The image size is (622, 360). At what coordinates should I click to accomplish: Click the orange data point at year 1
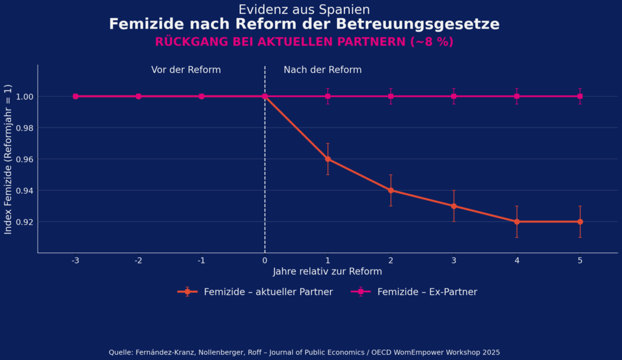click(328, 159)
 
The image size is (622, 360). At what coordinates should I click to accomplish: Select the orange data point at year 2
click(391, 190)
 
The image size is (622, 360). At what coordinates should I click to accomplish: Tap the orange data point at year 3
click(454, 206)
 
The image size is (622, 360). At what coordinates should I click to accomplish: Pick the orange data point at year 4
click(517, 222)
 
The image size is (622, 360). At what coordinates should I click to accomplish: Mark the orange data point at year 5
click(580, 222)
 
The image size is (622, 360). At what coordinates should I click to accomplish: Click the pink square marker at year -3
click(75, 96)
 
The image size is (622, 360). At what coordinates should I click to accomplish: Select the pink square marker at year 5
click(580, 96)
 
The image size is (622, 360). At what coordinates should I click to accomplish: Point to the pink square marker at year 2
click(391, 96)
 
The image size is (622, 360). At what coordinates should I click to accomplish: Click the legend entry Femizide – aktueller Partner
click(255, 292)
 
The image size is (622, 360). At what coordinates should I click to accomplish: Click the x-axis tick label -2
click(138, 260)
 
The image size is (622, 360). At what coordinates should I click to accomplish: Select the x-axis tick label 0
click(265, 260)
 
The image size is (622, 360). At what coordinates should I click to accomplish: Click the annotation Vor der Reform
click(186, 70)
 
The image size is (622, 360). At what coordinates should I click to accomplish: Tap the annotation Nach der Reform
click(323, 70)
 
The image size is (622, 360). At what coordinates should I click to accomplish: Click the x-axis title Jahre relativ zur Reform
click(327, 271)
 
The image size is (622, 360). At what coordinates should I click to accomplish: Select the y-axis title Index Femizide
click(9, 158)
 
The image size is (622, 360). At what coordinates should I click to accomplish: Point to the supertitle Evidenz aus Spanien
click(304, 10)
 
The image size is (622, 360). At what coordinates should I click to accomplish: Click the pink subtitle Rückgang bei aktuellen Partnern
click(304, 42)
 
